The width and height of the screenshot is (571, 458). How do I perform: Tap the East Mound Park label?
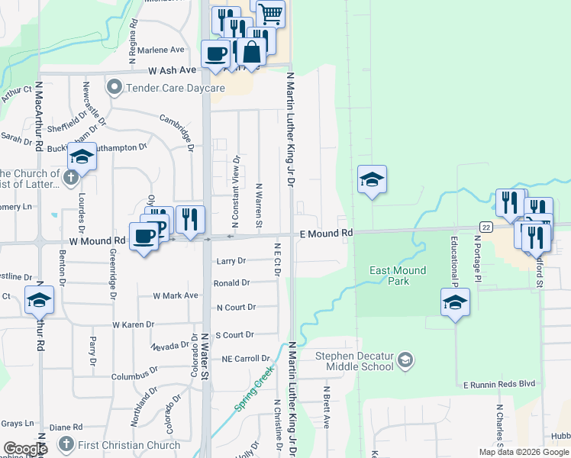(398, 276)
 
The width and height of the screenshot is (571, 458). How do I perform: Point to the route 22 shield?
(486, 227)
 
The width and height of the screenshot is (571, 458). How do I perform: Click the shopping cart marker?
(269, 12)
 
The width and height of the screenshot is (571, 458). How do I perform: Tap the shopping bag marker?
(251, 52)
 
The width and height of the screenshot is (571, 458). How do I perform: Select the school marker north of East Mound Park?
(372, 180)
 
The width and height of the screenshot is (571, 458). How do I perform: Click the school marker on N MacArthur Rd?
(39, 300)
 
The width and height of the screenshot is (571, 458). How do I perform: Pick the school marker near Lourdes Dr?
(82, 157)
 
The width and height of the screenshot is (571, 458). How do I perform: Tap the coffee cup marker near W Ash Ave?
(215, 54)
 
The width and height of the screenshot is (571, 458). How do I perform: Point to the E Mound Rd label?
(326, 232)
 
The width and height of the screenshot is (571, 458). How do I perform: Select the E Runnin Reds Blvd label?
(498, 383)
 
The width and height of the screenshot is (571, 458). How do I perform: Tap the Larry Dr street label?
(231, 261)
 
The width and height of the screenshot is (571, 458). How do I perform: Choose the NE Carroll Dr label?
(245, 358)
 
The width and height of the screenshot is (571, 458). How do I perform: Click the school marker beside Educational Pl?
(455, 302)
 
